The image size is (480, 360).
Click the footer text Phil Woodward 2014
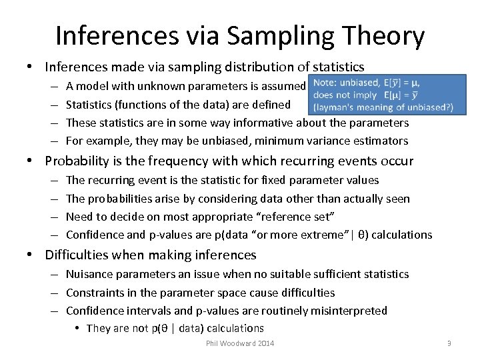240,343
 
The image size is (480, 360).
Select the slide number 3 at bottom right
449,343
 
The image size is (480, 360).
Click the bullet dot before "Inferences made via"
31,67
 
